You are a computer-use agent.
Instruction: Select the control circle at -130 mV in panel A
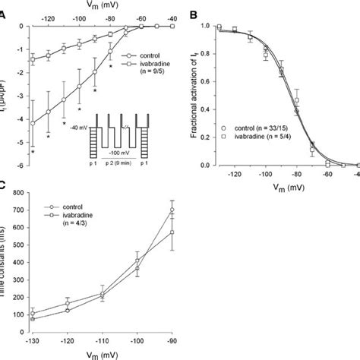coord(32,122)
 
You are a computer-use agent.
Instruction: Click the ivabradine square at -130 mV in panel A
coord(32,58)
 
